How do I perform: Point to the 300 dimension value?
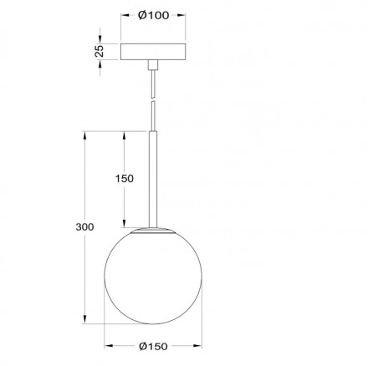(x=84, y=226)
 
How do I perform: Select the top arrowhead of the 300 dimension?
(x=85, y=133)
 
